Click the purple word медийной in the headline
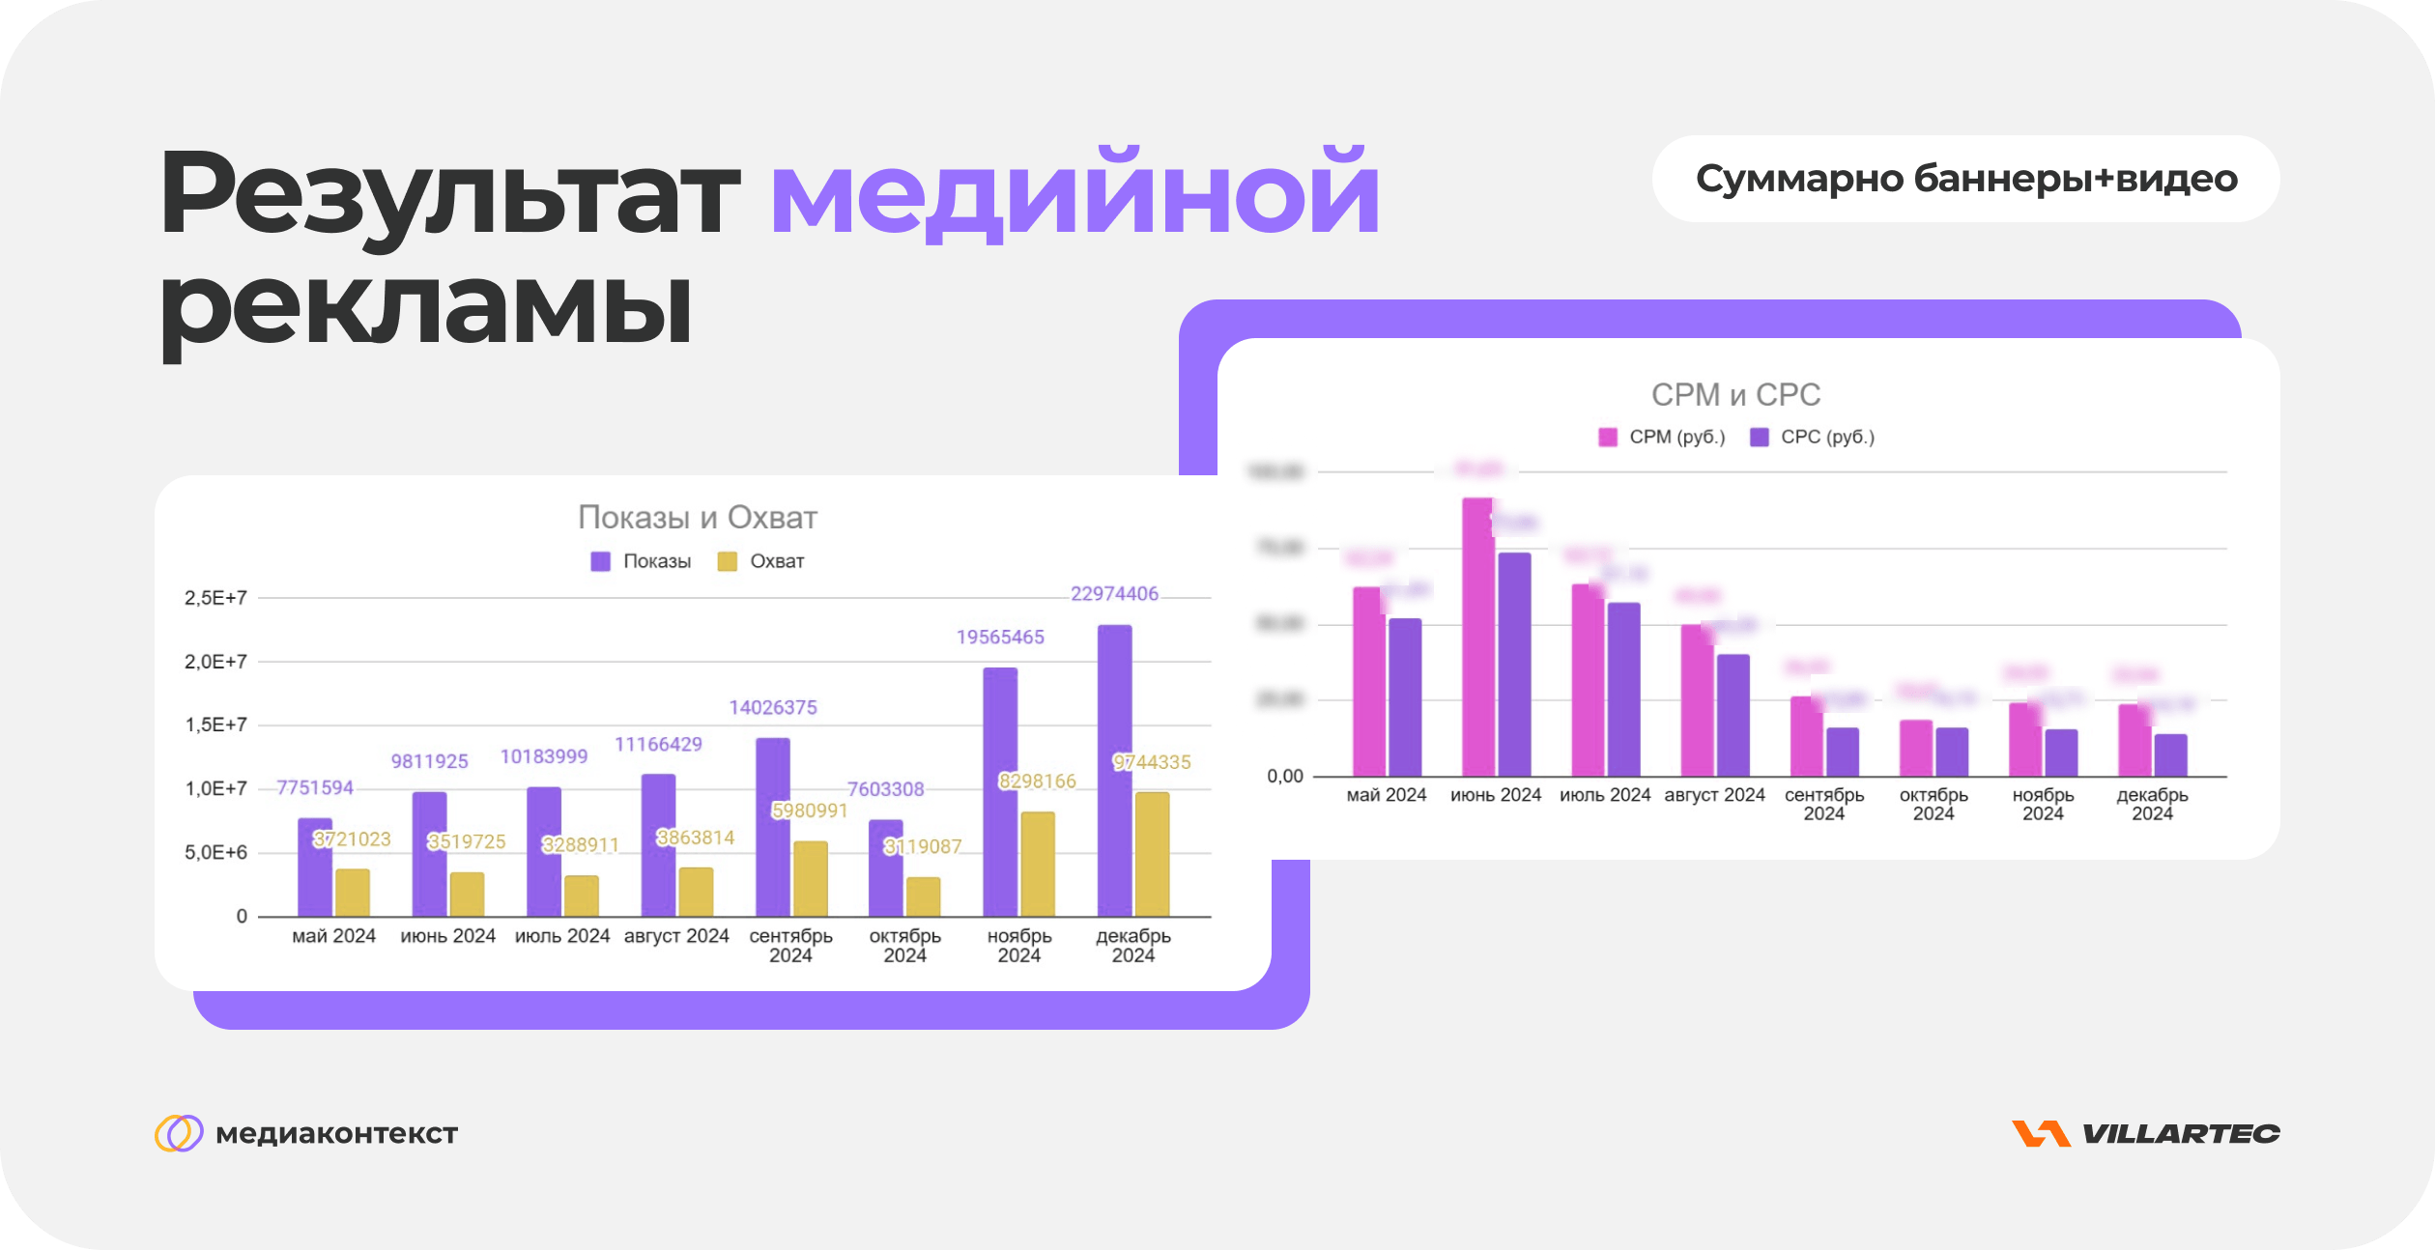click(1074, 193)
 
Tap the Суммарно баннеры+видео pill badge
click(1965, 179)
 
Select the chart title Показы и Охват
click(697, 518)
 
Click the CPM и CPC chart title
click(1735, 395)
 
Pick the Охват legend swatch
click(727, 561)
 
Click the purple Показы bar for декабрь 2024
click(1114, 770)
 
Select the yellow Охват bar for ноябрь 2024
click(1038, 864)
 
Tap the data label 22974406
click(1114, 593)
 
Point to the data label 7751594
click(315, 787)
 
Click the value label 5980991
click(809, 810)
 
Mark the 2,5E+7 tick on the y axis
click(215, 598)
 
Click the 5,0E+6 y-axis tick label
click(215, 852)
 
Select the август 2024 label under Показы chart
click(676, 936)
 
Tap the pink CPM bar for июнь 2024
click(1477, 637)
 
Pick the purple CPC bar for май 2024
click(1405, 696)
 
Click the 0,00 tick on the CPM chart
click(1284, 776)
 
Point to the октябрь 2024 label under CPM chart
click(1934, 804)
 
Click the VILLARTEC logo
click(2146, 1133)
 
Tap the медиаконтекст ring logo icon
click(179, 1133)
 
